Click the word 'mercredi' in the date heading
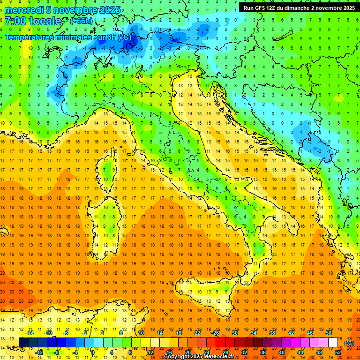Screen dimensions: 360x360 pos(24,10)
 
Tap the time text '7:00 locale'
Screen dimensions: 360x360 pos(33,21)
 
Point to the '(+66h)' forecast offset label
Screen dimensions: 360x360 pos(81,21)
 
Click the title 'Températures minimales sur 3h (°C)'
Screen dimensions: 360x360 pos(68,37)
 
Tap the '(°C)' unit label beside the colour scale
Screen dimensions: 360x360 pos(349,343)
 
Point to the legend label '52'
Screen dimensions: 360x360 pos(338,352)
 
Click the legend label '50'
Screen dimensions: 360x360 pos(329,333)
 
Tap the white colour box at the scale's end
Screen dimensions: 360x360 pos(333,342)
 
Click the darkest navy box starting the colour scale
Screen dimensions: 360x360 pos(24,342)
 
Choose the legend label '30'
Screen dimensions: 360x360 pos(235,333)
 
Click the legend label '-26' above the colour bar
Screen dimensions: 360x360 pos(215,333)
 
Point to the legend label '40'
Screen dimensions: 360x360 pos(282,352)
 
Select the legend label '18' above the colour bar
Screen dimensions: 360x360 pos(179,333)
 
